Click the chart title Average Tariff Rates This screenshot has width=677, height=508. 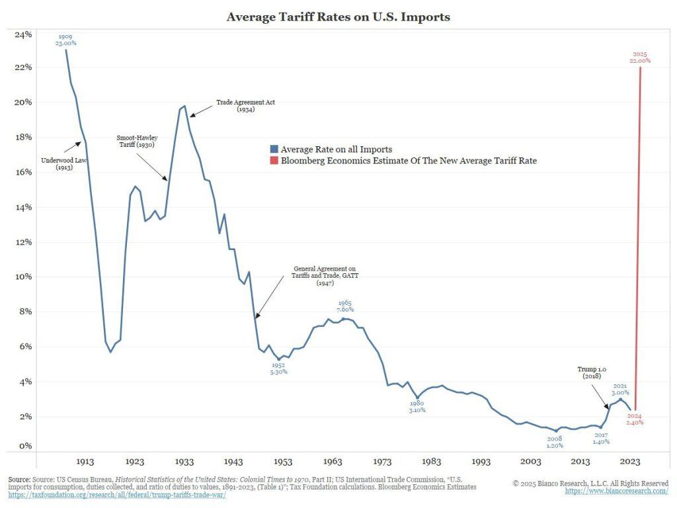(338, 17)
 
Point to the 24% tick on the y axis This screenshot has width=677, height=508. (23, 34)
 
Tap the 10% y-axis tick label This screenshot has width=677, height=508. (23, 276)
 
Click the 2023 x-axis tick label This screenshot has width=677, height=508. (631, 462)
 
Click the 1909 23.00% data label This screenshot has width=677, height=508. (65, 40)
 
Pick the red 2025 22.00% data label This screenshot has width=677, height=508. (639, 57)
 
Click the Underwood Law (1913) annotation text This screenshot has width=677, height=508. (63, 163)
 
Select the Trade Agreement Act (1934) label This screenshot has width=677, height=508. (246, 106)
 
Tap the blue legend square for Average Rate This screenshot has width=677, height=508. (274, 149)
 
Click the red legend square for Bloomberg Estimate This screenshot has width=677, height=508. (274, 160)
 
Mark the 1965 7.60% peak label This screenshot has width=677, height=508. (345, 306)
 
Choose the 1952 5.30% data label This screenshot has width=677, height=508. (278, 368)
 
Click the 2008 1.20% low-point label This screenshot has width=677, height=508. (555, 441)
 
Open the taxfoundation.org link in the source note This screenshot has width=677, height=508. (117, 495)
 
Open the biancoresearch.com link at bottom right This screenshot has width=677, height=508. (616, 491)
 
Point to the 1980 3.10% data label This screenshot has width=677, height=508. (417, 406)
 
